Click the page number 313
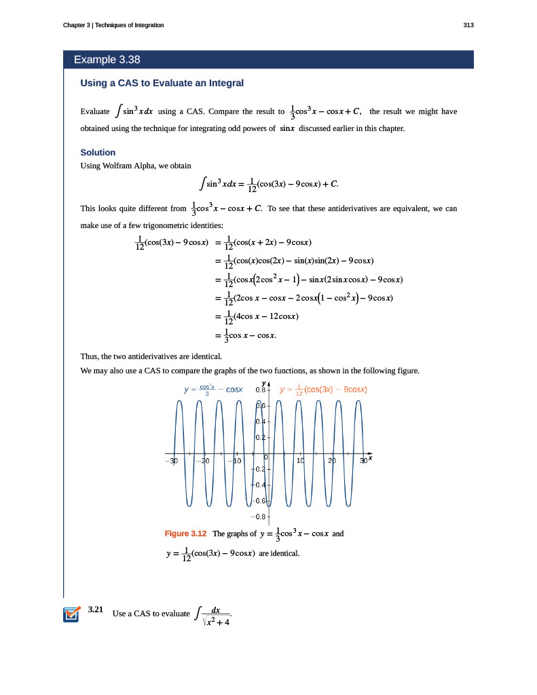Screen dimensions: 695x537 [468, 25]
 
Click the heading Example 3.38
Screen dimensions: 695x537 [107, 60]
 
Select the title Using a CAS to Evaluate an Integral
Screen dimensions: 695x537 [162, 83]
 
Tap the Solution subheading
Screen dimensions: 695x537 [98, 152]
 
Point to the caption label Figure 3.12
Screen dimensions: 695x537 [185, 533]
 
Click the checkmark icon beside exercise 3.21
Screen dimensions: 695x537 [71, 614]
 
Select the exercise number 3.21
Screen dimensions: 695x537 [96, 610]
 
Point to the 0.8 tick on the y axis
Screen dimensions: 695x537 [260, 390]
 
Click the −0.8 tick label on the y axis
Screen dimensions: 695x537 [259, 516]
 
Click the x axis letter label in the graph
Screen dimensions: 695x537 [371, 458]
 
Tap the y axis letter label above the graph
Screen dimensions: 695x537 [263, 382]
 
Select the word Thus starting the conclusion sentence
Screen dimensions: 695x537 [89, 356]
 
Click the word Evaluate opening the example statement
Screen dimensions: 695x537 [94, 111]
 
